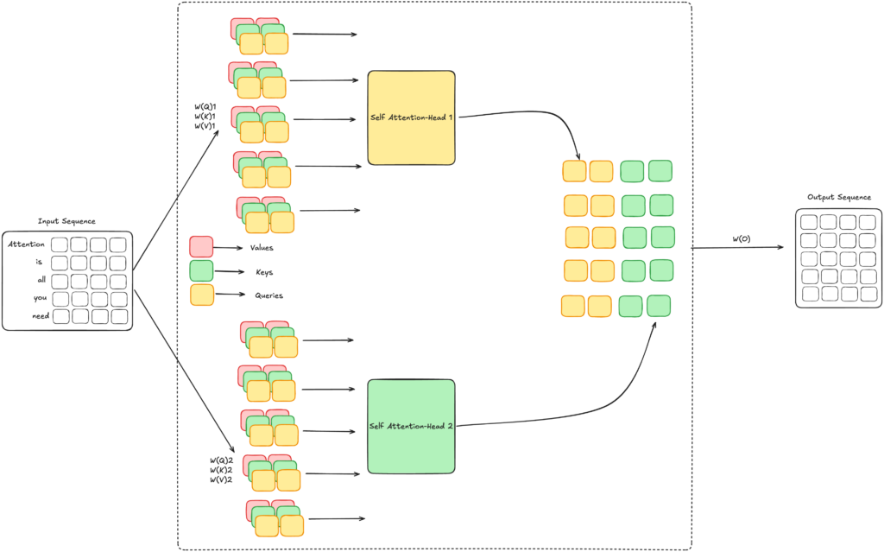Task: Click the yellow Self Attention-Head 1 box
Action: click(411, 118)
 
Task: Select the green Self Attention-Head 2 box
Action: click(411, 426)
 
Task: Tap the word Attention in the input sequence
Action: click(26, 244)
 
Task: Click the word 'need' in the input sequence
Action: click(41, 316)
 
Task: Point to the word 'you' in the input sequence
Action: click(40, 298)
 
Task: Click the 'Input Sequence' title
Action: click(66, 221)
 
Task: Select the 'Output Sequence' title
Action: click(839, 197)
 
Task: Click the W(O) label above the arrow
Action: click(742, 238)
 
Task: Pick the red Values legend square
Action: click(201, 247)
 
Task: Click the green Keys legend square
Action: click(201, 271)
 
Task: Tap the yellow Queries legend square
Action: click(202, 295)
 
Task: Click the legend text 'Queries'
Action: click(269, 295)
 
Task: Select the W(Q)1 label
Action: click(205, 106)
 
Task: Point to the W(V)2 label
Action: click(221, 479)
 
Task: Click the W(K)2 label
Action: click(221, 470)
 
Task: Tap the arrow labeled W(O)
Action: click(737, 247)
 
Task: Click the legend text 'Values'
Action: click(262, 248)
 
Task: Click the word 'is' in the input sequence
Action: click(39, 262)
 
